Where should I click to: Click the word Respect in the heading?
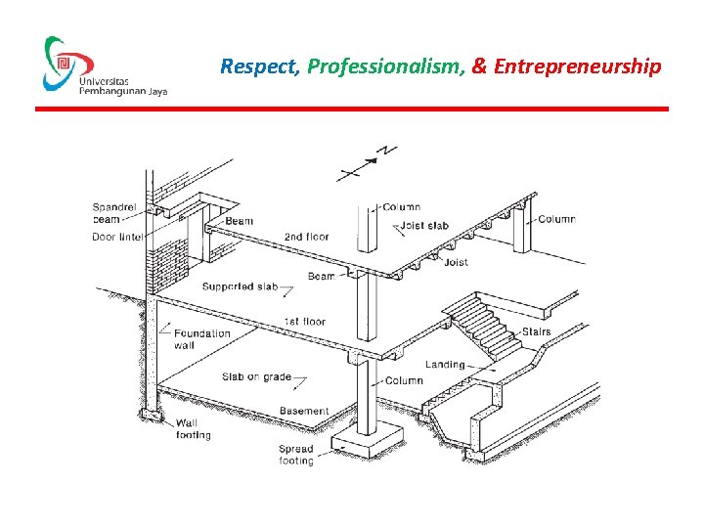pos(258,67)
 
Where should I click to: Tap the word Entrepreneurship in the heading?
pos(577,67)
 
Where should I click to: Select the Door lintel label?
pos(117,238)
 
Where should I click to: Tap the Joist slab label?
pos(424,226)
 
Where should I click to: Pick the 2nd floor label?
pos(306,237)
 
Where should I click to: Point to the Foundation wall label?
pos(201,338)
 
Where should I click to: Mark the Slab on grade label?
pos(256,377)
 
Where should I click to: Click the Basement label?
pos(304,411)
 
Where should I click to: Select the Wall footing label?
pos(193,429)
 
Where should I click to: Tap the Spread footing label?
pos(296,455)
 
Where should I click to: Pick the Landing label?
pos(445,365)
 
